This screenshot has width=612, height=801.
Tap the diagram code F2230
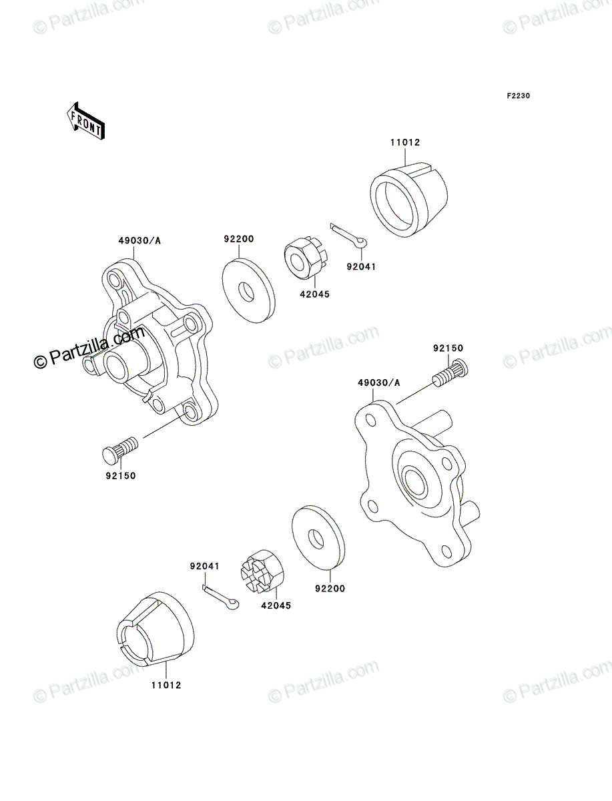[519, 95]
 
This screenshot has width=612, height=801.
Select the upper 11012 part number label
[405, 142]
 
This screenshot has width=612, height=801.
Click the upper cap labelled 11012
[409, 198]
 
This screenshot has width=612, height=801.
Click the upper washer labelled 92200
[249, 291]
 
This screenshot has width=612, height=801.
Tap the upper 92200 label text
[238, 239]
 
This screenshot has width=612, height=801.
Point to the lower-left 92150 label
[121, 476]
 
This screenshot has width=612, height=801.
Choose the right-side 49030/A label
[379, 382]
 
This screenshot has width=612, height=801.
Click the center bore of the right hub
[415, 483]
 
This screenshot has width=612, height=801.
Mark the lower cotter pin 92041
[221, 598]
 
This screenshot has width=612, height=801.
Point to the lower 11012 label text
[166, 686]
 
